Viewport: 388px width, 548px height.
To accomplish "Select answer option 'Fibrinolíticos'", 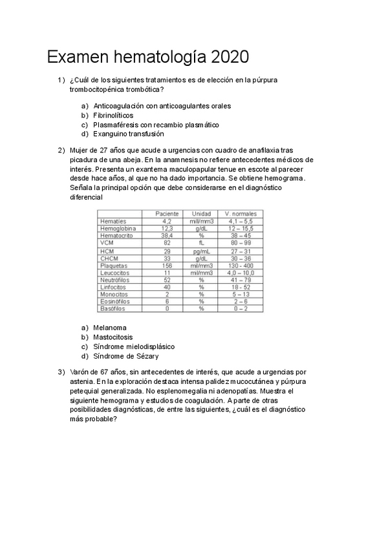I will coord(113,115).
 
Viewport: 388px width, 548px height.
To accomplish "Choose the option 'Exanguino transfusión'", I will coord(128,134).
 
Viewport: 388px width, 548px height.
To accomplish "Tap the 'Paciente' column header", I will coord(167,214).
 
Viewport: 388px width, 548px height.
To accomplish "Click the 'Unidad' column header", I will coord(201,214).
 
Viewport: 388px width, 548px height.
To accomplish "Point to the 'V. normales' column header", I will coord(240,214).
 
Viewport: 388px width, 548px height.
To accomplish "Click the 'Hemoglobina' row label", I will coord(118,229).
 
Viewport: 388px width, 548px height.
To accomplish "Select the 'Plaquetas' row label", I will coord(114,265).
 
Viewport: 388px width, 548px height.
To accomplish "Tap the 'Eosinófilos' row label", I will coord(115,301).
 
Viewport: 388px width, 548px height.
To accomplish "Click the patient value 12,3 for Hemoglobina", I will coord(167,229).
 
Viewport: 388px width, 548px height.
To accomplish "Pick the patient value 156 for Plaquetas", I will coord(167,265).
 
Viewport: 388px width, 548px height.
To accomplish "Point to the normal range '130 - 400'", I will coord(240,265).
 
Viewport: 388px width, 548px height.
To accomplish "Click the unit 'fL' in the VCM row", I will coord(201,243).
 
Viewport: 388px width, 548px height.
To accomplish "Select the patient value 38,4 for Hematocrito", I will coord(167,236).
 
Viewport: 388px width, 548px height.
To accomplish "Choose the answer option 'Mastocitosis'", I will coord(113,337).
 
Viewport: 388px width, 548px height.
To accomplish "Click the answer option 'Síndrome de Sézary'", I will coord(125,356).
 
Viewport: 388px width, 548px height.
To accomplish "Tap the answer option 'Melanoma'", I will coord(110,328).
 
